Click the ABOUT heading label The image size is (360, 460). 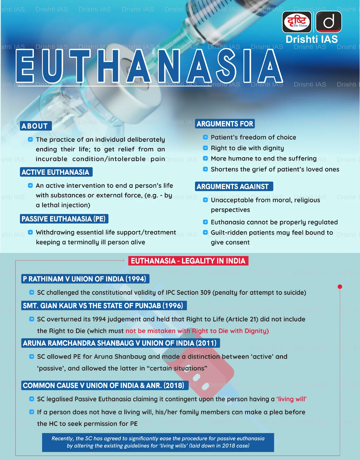pos(36,126)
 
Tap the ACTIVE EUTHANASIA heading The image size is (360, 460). pos(56,172)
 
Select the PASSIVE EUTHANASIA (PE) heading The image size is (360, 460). pos(64,219)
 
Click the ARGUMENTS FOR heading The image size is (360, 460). pos(225,124)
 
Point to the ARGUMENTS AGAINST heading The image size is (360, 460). pos(233,187)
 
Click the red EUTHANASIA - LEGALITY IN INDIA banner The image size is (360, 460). pos(188,261)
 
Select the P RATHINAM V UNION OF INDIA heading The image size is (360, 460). pos(85,279)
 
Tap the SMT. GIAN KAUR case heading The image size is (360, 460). pos(103,306)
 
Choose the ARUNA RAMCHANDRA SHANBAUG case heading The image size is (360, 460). pos(120,343)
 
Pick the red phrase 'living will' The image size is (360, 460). pos(291,399)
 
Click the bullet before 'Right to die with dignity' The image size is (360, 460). pos(205,148)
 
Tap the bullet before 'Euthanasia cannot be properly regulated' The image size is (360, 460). pos(205,222)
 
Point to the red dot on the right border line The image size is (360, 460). pos(340,287)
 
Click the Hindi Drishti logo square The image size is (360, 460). pos(297,22)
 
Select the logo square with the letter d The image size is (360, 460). pos(329,22)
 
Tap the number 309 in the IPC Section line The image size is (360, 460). pos(205,293)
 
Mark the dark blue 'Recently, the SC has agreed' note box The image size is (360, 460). pos(158,442)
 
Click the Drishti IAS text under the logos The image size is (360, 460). pos(312,39)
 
